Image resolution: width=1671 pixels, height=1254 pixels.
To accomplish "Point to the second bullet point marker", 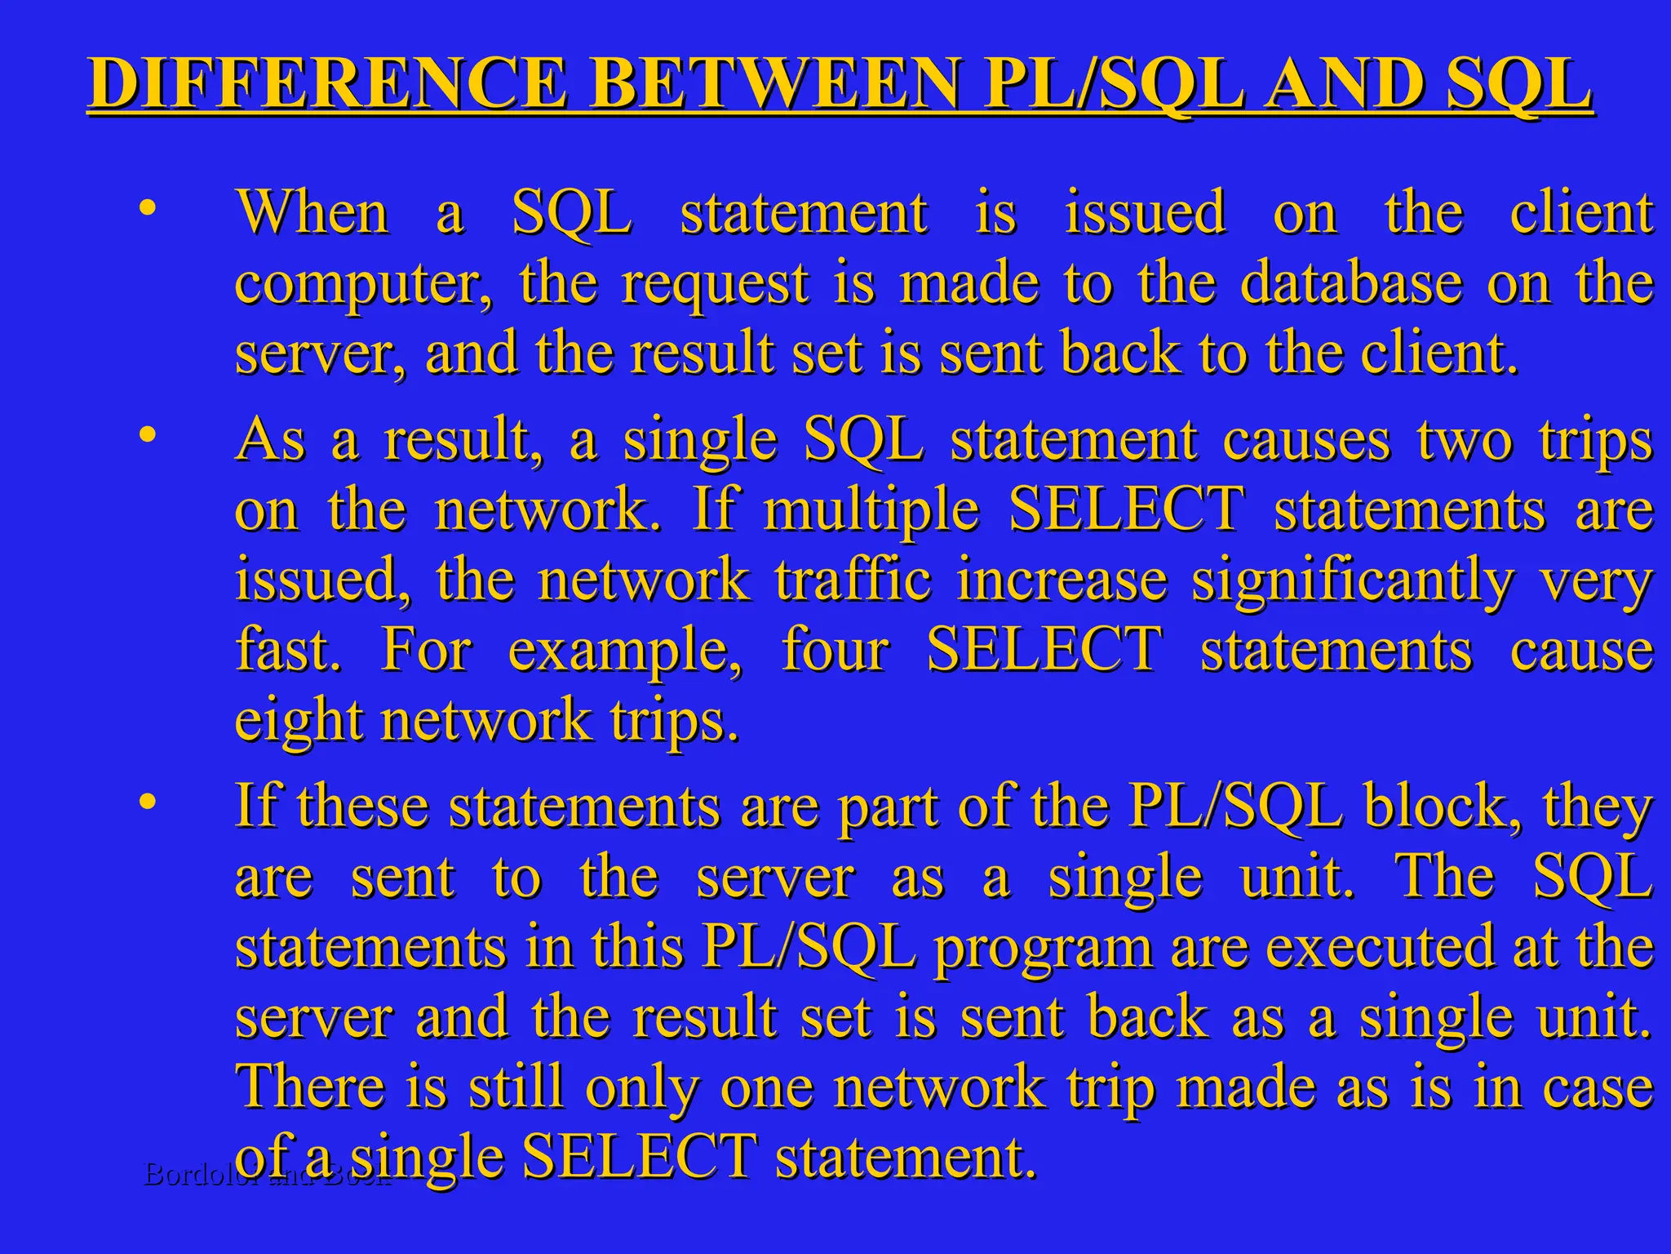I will (x=146, y=434).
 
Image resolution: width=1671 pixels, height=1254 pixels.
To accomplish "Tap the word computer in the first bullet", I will (x=364, y=284).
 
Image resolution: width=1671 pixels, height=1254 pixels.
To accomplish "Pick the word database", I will (x=1351, y=282).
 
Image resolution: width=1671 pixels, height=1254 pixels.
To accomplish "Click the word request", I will (x=715, y=284).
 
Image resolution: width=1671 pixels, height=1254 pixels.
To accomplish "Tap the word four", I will (x=835, y=651).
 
